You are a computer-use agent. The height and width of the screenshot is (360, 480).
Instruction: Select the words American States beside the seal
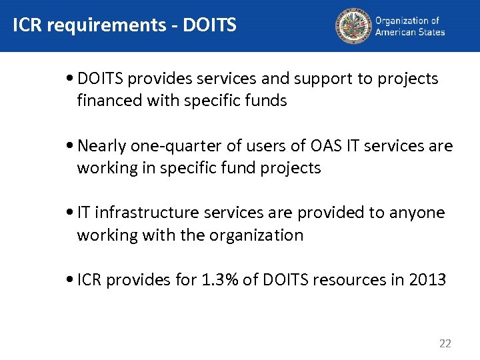tap(409, 31)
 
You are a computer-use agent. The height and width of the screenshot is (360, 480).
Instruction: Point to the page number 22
tap(445, 344)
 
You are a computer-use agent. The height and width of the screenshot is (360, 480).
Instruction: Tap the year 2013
tap(428, 279)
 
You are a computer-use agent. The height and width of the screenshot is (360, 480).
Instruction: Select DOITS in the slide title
tap(210, 25)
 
